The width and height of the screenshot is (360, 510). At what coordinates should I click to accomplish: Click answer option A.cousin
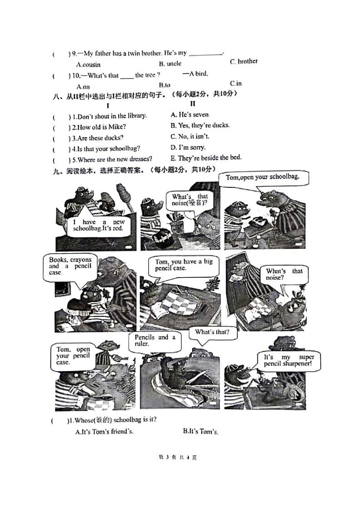[88, 64]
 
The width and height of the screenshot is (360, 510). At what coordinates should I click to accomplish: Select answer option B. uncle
[170, 64]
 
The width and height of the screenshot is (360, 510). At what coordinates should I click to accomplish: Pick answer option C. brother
[243, 61]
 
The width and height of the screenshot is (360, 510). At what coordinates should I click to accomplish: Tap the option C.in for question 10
[236, 83]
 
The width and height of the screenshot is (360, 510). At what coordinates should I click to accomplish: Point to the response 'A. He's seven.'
[190, 115]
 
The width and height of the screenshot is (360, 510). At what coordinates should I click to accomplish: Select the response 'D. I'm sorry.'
[188, 147]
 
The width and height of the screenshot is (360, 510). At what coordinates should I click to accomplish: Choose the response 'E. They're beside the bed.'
[206, 158]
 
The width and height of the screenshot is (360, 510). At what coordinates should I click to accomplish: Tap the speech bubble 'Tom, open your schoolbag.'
[263, 177]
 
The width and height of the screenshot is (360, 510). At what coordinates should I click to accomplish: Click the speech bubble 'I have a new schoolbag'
[98, 226]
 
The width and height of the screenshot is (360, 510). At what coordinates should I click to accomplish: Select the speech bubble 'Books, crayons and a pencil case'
[70, 266]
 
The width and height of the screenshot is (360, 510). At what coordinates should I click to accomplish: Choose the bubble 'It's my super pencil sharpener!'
[289, 361]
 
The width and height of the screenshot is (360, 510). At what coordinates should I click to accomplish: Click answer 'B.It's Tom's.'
[200, 431]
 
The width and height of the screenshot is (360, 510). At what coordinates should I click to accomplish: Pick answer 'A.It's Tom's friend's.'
[104, 431]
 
